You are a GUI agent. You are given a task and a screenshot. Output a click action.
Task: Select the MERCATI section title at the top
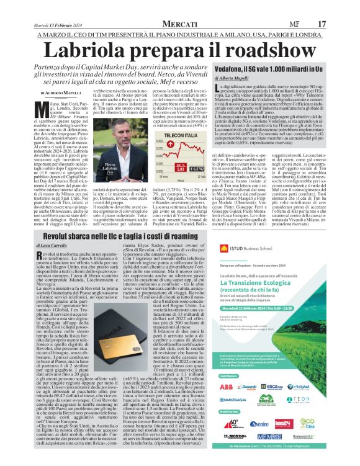(x=184, y=23)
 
